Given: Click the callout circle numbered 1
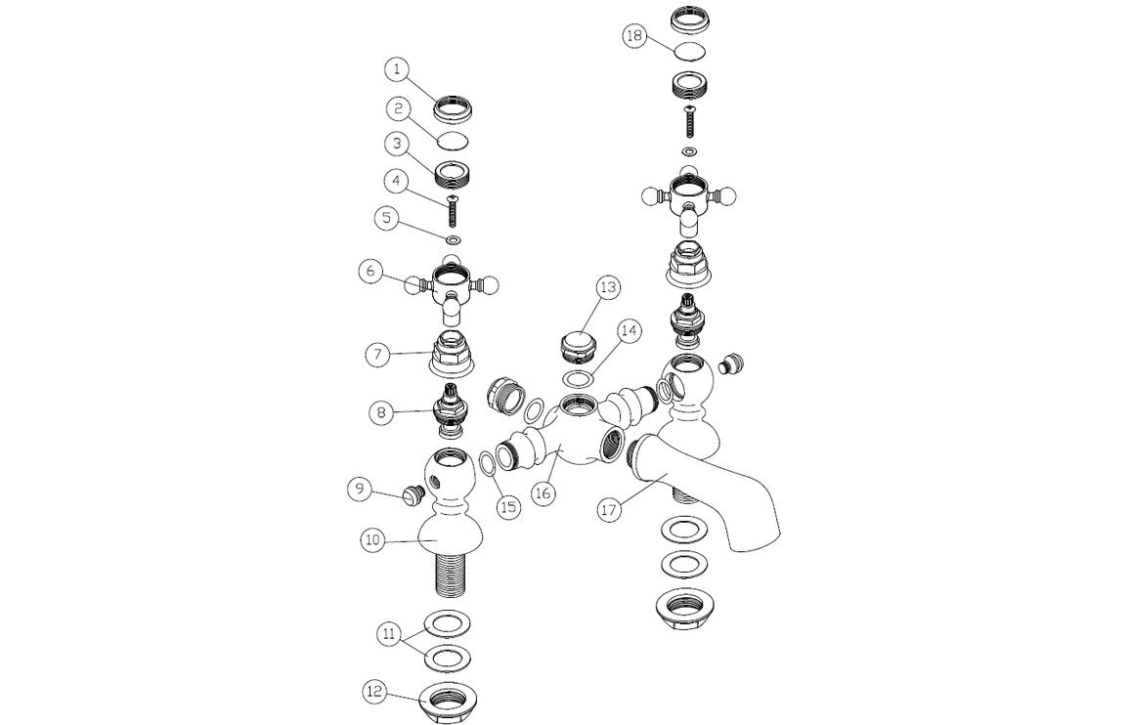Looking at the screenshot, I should point(395,69).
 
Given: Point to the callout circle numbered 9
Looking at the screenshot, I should point(362,489).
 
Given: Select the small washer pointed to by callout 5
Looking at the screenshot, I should point(455,240).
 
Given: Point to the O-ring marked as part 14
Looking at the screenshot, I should point(579,378).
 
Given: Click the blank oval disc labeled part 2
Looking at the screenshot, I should point(453,140).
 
